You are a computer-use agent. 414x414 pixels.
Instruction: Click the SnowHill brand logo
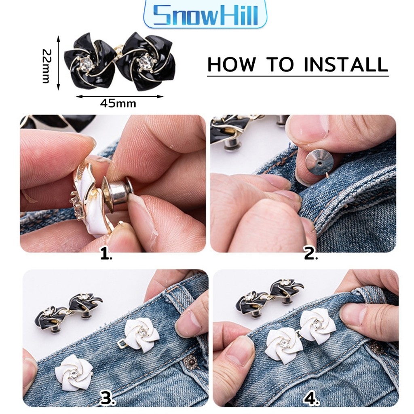pyautogui.click(x=205, y=15)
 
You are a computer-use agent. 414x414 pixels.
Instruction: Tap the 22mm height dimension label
pyautogui.click(x=46, y=66)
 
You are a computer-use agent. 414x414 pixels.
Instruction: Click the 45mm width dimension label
pyautogui.click(x=118, y=103)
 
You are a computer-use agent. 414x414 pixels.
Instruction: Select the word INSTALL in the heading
pyautogui.click(x=346, y=64)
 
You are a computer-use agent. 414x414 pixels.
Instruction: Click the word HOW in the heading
pyautogui.click(x=232, y=64)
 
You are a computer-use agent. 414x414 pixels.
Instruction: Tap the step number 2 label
pyautogui.click(x=310, y=254)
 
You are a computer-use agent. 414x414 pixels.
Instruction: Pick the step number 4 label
pyautogui.click(x=312, y=398)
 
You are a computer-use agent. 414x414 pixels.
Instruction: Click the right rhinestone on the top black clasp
pyautogui.click(x=145, y=61)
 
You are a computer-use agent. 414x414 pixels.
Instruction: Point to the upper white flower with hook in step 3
pyautogui.click(x=141, y=335)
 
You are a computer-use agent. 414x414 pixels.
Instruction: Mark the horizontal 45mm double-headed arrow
pyautogui.click(x=120, y=96)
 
